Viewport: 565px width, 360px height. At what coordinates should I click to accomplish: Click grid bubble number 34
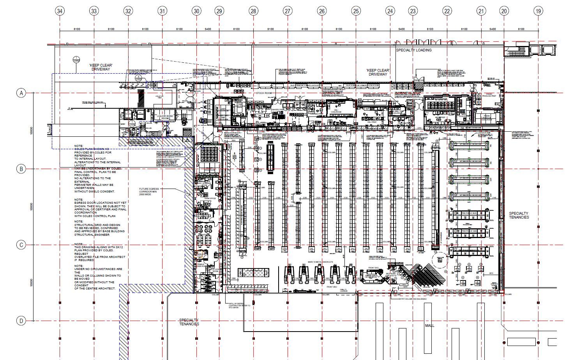(60, 11)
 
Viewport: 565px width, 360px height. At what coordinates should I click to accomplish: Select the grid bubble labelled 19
(538, 11)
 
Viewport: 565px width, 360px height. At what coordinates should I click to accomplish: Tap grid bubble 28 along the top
(254, 11)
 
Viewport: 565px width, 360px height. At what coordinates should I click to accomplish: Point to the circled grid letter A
(21, 93)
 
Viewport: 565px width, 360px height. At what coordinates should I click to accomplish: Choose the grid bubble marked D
(21, 321)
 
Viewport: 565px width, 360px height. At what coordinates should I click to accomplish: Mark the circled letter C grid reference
(21, 245)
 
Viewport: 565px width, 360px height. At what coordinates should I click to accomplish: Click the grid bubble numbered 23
(413, 11)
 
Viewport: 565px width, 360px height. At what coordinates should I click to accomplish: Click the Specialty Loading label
(413, 50)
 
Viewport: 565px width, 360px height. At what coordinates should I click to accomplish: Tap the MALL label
(429, 325)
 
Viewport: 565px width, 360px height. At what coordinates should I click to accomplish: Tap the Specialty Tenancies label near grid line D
(189, 322)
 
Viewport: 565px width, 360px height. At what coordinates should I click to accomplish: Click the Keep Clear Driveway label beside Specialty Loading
(378, 72)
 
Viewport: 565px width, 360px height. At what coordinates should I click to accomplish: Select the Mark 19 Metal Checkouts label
(320, 262)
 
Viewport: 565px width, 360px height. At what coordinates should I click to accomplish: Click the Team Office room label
(210, 199)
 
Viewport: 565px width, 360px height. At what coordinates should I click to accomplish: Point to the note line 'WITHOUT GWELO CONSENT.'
(95, 191)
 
